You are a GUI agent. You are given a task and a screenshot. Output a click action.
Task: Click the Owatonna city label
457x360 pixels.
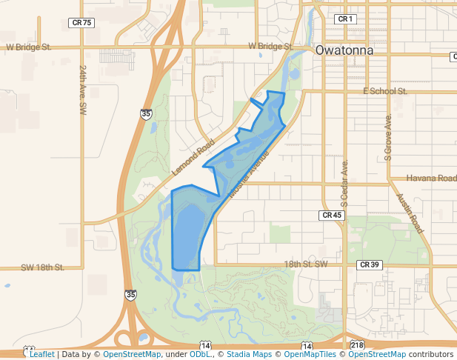pyautogui.click(x=343, y=51)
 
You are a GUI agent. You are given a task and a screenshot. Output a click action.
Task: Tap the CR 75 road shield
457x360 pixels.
pyautogui.click(x=82, y=23)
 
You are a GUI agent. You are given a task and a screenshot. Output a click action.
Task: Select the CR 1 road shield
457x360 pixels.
pyautogui.click(x=345, y=19)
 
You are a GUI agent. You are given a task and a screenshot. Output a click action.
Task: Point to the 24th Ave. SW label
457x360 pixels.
pyautogui.click(x=82, y=88)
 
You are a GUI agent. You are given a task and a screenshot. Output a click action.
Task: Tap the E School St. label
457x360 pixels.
pyautogui.click(x=385, y=91)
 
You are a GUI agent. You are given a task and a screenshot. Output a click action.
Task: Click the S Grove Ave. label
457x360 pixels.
pyautogui.click(x=387, y=137)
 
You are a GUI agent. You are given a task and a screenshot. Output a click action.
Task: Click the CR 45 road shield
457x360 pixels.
pyautogui.click(x=332, y=215)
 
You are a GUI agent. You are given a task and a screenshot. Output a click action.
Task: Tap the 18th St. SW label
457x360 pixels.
pyautogui.click(x=306, y=264)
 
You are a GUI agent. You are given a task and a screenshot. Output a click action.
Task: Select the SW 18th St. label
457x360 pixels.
pyautogui.click(x=43, y=267)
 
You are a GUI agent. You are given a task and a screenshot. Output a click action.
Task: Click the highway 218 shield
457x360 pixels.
pyautogui.click(x=357, y=346)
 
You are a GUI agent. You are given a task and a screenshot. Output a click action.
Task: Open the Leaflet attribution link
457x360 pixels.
pyautogui.click(x=41, y=355)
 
